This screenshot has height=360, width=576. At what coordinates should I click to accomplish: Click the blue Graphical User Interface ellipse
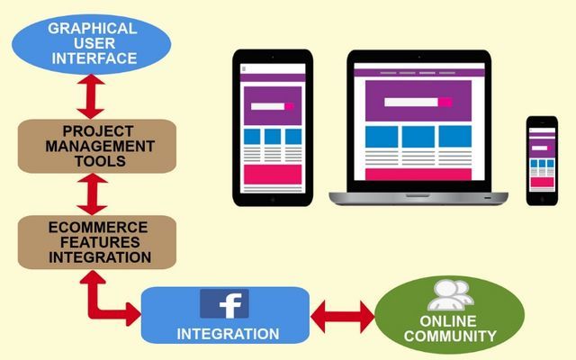pyautogui.click(x=92, y=44)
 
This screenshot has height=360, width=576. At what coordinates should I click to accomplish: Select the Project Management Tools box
pyautogui.click(x=97, y=146)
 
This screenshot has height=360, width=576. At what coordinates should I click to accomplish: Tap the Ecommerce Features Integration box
pyautogui.click(x=97, y=242)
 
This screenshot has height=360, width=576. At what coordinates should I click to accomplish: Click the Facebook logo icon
pyautogui.click(x=224, y=304)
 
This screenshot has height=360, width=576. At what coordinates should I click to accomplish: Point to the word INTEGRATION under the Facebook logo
pyautogui.click(x=228, y=334)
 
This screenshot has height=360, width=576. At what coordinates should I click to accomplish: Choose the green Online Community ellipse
pyautogui.click(x=449, y=315)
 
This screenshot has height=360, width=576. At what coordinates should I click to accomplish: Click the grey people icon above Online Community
pyautogui.click(x=450, y=295)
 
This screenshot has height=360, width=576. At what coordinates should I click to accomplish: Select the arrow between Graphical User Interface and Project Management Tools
pyautogui.click(x=91, y=96)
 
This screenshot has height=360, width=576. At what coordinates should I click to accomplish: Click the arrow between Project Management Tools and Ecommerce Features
pyautogui.click(x=92, y=194)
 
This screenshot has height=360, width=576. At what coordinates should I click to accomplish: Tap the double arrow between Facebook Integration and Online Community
pyautogui.click(x=342, y=317)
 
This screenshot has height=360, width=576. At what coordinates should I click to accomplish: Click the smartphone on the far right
pyautogui.click(x=542, y=161)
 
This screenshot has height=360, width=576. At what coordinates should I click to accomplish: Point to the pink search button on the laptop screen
pyautogui.click(x=445, y=102)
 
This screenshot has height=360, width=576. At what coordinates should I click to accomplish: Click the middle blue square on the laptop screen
pyautogui.click(x=418, y=137)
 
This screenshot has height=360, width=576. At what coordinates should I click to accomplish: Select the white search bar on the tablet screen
pyautogui.click(x=268, y=106)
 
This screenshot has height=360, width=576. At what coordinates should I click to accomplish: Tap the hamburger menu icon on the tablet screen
pyautogui.click(x=244, y=68)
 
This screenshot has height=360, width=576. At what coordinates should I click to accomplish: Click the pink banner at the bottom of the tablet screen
pyautogui.click(x=273, y=175)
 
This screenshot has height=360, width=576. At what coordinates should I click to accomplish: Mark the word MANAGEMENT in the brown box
pyautogui.click(x=100, y=146)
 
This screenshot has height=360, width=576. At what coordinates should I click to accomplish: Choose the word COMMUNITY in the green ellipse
pyautogui.click(x=450, y=336)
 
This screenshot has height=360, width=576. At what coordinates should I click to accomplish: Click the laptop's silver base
pyautogui.click(x=418, y=198)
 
